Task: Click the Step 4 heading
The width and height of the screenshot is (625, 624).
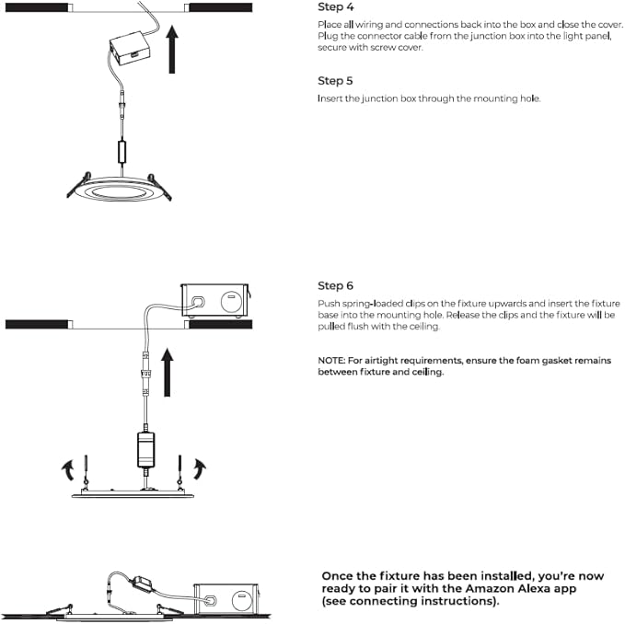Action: click(336, 7)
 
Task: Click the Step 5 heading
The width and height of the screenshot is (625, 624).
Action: click(335, 81)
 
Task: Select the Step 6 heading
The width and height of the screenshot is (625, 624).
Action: click(335, 285)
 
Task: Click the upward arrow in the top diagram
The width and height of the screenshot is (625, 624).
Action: click(172, 50)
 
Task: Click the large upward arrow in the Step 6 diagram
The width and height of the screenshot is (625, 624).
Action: click(168, 372)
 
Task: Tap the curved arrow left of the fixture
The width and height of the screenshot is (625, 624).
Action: click(68, 470)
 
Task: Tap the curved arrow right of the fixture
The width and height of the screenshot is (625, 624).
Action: click(200, 468)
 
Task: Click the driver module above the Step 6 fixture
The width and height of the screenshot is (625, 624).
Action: click(145, 449)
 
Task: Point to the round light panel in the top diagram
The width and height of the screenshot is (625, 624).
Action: click(119, 191)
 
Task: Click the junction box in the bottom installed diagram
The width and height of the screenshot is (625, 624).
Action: click(226, 599)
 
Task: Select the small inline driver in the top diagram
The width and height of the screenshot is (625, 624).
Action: click(122, 152)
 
